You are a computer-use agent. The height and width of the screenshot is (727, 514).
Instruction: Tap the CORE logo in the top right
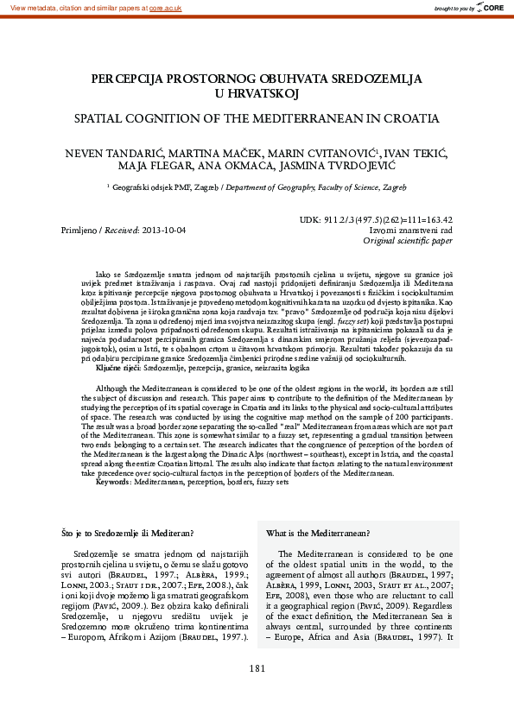(492, 7)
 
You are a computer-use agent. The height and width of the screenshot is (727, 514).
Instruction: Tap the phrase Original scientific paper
(408, 242)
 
